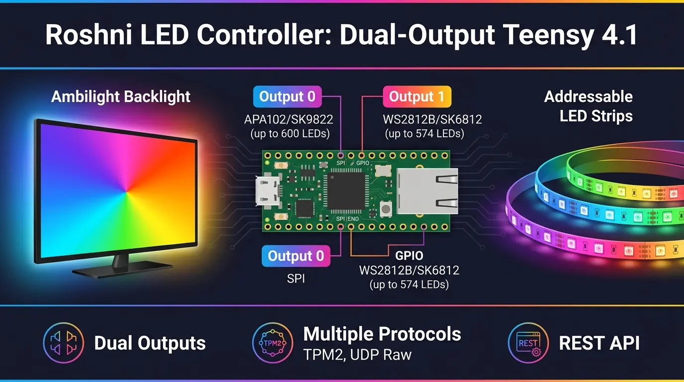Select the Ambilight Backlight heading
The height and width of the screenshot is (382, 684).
coord(121,96)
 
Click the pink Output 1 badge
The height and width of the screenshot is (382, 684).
coord(417,96)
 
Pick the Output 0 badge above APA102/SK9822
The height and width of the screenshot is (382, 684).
coord(287,96)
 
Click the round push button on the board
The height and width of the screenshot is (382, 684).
coord(384,209)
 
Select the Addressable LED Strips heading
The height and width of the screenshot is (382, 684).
coord(588,106)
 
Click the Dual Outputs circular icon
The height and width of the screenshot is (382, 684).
coord(63,343)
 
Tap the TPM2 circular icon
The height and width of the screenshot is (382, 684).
coord(272,343)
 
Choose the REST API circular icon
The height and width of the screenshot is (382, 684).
coord(528,343)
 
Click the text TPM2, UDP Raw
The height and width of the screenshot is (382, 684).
coord(357,354)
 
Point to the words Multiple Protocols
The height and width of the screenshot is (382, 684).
coord(382,334)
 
